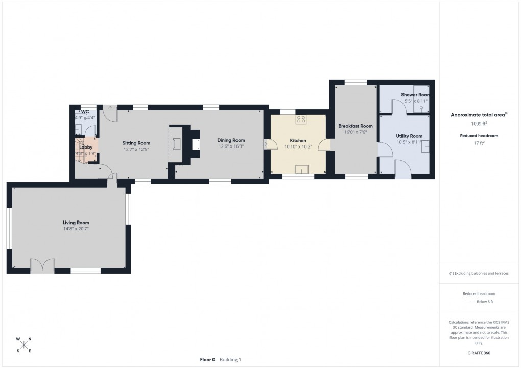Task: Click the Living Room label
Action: (x=76, y=223)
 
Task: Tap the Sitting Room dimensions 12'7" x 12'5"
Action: (x=136, y=149)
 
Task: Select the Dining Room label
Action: (x=231, y=140)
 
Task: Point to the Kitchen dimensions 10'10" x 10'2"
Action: (x=298, y=146)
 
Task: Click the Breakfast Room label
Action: (x=356, y=126)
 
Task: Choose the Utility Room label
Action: (x=409, y=136)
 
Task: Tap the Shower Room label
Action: (x=415, y=95)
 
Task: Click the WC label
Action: (x=85, y=112)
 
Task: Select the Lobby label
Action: (x=86, y=147)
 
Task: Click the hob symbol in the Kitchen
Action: (x=301, y=120)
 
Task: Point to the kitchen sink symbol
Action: (x=301, y=169)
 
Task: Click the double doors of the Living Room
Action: (x=42, y=265)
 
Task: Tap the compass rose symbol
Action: (x=23, y=345)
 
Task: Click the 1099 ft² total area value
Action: (x=478, y=124)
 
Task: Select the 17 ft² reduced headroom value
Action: (x=479, y=143)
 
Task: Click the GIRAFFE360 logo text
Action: (x=478, y=353)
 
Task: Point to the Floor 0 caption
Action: (x=207, y=360)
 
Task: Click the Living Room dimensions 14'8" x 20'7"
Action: (x=76, y=229)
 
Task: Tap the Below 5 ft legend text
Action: (x=485, y=302)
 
